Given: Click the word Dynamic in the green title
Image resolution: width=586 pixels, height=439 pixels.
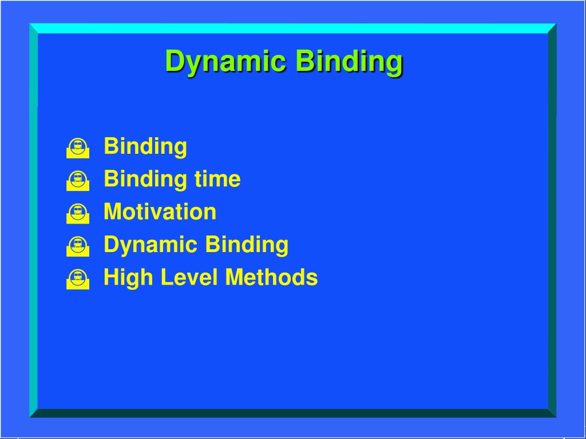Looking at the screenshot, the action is point(226,62).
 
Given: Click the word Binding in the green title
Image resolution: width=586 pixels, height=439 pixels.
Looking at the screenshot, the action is point(349,62).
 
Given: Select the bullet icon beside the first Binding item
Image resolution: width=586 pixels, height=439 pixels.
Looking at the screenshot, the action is point(78,148).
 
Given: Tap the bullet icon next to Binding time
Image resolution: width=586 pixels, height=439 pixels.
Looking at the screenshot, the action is point(78,181).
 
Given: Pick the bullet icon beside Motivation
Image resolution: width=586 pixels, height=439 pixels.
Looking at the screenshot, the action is point(78,214).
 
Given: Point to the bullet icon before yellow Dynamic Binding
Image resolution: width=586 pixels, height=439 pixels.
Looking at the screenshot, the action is point(78,246).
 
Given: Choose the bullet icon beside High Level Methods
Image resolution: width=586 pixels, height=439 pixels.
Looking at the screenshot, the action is point(78,279).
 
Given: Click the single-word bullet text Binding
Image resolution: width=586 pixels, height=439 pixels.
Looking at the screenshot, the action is point(145,147).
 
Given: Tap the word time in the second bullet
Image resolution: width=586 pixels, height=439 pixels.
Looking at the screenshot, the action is point(217,179).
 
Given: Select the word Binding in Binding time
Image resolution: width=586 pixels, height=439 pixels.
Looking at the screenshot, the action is point(145,179).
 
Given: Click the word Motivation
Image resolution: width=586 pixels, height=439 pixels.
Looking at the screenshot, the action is point(160,211).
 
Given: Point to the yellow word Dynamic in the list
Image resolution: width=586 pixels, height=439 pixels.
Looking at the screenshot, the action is point(151,245).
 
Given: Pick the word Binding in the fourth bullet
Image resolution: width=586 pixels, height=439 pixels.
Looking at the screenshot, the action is point(247,245).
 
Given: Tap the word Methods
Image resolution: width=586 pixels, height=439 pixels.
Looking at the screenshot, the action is point(272,277).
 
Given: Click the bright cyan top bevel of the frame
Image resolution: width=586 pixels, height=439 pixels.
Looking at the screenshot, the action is point(292,29).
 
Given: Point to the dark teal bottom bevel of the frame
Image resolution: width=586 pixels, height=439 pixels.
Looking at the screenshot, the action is point(292,413).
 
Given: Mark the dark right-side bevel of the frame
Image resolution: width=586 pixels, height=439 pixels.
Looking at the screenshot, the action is point(552,220).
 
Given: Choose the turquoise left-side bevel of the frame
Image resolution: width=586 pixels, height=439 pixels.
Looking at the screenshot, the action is point(33,220).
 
